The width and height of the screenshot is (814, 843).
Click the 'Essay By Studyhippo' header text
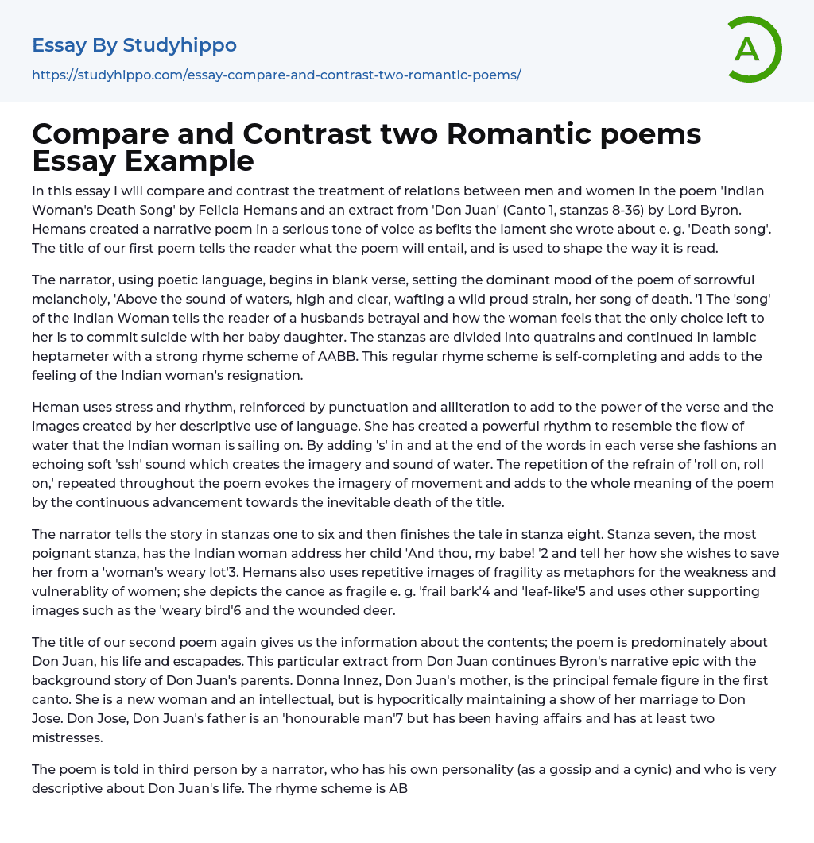pyautogui.click(x=134, y=45)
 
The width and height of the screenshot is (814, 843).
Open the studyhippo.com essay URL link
pyautogui.click(x=276, y=75)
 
